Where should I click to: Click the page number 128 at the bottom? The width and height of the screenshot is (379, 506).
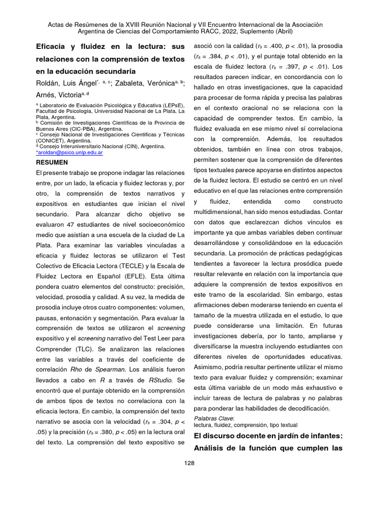click(189, 463)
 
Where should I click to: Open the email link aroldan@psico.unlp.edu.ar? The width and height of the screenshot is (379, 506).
click(70, 153)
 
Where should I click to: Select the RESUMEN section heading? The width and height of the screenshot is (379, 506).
click(52, 162)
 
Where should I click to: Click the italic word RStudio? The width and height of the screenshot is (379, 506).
click(161, 379)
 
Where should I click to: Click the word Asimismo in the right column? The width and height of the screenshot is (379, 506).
click(209, 367)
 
